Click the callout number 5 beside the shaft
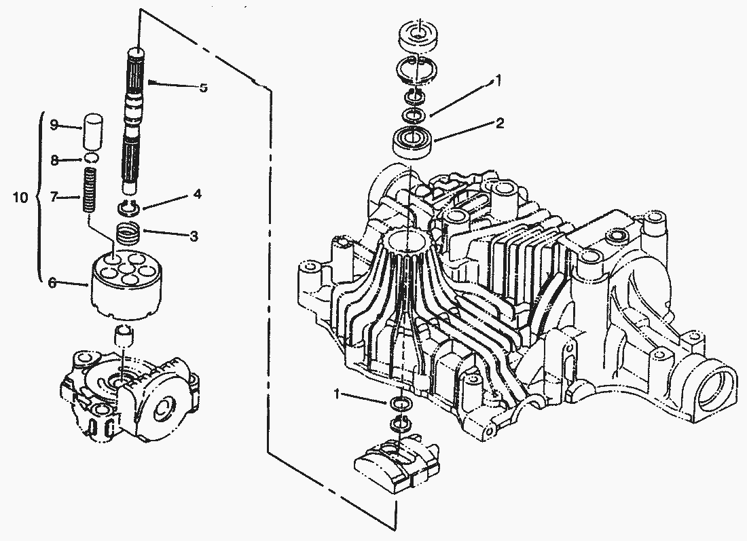click(203, 88)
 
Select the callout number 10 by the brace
click(22, 198)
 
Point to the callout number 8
click(55, 160)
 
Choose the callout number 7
click(55, 198)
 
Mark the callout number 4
click(196, 194)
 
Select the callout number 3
click(194, 236)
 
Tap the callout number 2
click(499, 124)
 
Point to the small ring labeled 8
click(91, 160)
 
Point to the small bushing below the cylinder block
click(123, 335)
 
